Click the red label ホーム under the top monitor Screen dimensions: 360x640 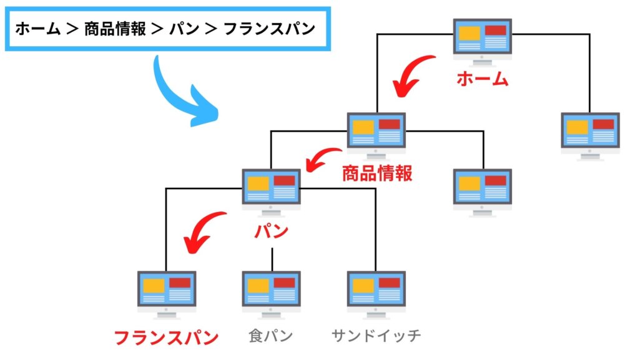(482, 79)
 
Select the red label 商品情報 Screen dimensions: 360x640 (377, 173)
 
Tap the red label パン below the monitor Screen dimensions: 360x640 (272, 231)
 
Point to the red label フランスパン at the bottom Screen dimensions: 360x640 (166, 338)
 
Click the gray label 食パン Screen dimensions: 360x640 (270, 336)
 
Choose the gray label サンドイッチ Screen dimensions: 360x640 (376, 336)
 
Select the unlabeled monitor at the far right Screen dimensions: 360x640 (590, 134)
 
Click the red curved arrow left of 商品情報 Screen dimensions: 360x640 (323, 160)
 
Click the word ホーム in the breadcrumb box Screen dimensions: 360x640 (37, 29)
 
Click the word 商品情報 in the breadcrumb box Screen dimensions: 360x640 (115, 29)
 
